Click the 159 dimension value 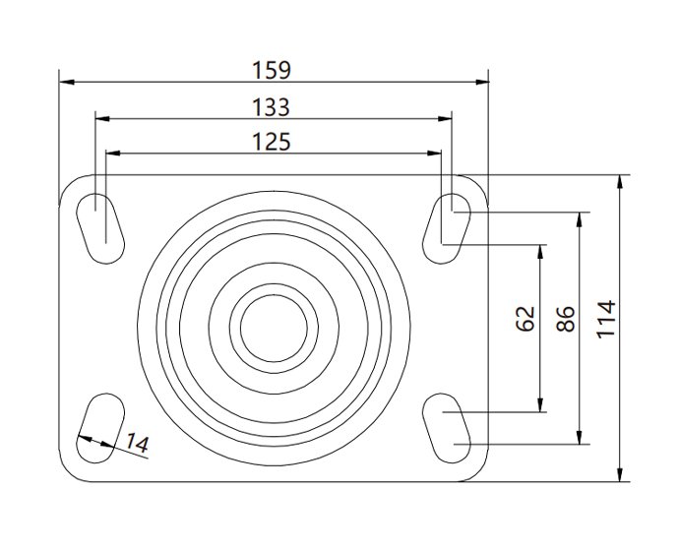point(273,70)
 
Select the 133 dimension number point(273,106)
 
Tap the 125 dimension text point(273,143)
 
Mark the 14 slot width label point(137,445)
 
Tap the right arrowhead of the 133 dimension point(446,118)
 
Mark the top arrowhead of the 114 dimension point(621,182)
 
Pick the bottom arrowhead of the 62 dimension point(540,405)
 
